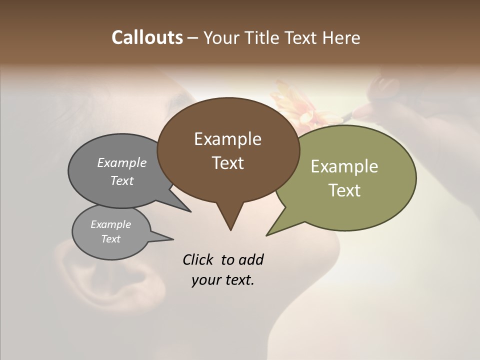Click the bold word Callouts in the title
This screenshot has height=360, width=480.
pyautogui.click(x=147, y=37)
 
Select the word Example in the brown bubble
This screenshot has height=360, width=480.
pyautogui.click(x=227, y=139)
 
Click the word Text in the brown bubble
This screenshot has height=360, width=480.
pyautogui.click(x=227, y=163)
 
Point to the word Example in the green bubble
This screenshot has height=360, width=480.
pyautogui.click(x=344, y=166)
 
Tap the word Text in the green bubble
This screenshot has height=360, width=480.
pyautogui.click(x=344, y=190)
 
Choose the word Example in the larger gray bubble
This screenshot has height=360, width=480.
pyautogui.click(x=121, y=163)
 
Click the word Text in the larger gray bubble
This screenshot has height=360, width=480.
pyautogui.click(x=121, y=181)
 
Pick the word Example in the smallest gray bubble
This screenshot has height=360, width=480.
pyautogui.click(x=110, y=224)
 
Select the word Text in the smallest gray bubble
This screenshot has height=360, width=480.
pyautogui.click(x=110, y=239)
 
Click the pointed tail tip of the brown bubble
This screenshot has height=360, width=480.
pyautogui.click(x=230, y=230)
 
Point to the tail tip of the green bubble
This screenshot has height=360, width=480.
pyautogui.click(x=266, y=235)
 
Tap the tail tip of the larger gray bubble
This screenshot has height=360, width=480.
pyautogui.click(x=190, y=211)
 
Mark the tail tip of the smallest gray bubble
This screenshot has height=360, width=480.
pyautogui.click(x=173, y=239)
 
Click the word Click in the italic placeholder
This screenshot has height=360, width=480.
pyautogui.click(x=199, y=259)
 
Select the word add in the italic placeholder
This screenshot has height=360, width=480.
pyautogui.click(x=250, y=259)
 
